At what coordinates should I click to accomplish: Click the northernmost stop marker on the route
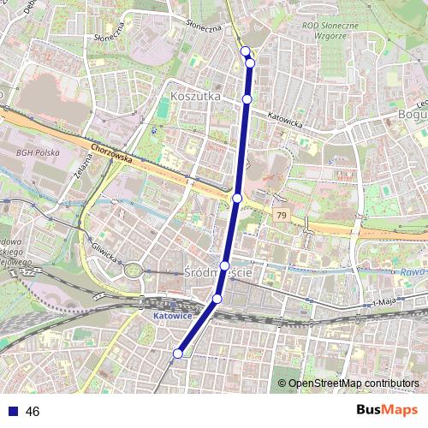tap(246, 51)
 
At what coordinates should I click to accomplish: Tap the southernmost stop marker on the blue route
tap(178, 353)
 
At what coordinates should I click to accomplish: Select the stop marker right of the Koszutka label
tap(247, 99)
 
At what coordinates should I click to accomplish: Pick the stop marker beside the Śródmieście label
tap(224, 266)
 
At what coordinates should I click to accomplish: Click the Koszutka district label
tap(195, 97)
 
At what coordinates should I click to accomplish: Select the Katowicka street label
tap(285, 123)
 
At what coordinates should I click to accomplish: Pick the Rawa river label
tap(413, 271)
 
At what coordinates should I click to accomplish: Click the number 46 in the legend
tap(33, 412)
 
